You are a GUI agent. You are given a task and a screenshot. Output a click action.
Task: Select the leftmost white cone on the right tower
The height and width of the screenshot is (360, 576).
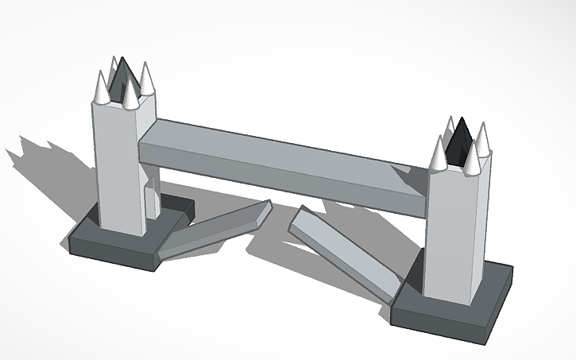(439, 153)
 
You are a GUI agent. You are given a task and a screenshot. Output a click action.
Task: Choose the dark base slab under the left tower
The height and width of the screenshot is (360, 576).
(119, 242)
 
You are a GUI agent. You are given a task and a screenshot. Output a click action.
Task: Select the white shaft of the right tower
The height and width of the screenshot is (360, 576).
(455, 230)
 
